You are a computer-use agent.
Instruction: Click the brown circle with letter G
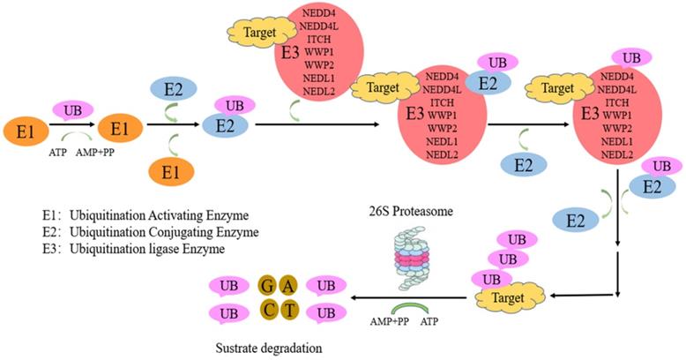click(267, 285)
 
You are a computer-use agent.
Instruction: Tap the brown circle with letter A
click(288, 285)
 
